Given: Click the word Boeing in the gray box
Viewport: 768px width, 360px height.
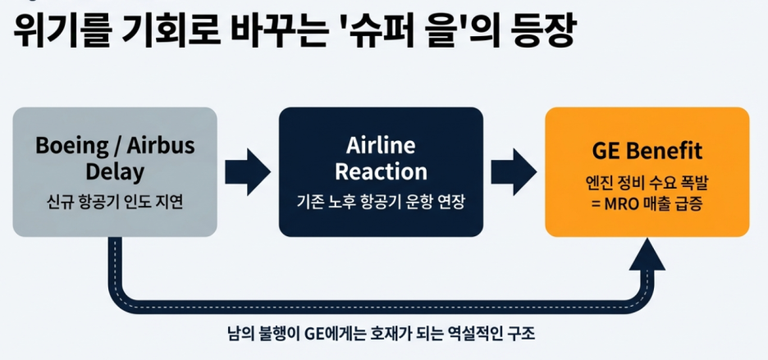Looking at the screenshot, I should (x=72, y=146).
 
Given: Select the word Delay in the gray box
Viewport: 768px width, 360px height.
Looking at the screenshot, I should (x=115, y=172).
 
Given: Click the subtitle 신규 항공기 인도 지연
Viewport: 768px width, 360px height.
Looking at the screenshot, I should (x=115, y=201).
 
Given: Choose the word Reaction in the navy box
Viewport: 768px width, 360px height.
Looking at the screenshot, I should (x=380, y=172).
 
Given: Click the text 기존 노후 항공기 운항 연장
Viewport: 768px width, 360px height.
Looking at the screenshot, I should (x=380, y=201).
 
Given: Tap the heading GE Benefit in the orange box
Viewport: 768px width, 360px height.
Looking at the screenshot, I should (x=647, y=152).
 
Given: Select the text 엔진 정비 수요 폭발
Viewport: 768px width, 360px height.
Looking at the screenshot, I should (x=647, y=181).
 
